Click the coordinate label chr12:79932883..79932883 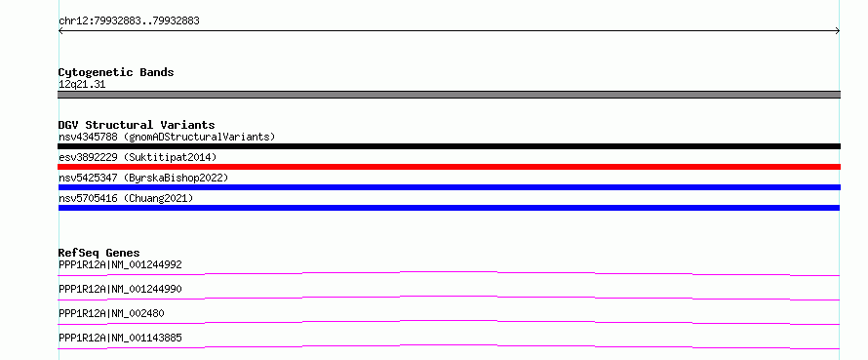[x=129, y=21]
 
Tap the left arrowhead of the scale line [x=59, y=31]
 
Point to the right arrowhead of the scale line [x=839, y=31]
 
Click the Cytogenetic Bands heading [x=116, y=72]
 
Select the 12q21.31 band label [x=82, y=85]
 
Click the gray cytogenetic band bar [x=449, y=95]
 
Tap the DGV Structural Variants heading [x=137, y=125]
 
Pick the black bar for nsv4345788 [x=449, y=146]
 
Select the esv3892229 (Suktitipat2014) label [x=138, y=157]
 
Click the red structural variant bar [x=449, y=167]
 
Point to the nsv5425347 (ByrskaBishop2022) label [x=143, y=178]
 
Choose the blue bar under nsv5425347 [x=449, y=187]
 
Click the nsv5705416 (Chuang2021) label [x=126, y=198]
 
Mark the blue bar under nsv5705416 [x=449, y=208]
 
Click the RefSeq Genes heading [x=99, y=253]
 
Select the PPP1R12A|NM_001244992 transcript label [x=120, y=264]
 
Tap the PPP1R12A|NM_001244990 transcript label [x=120, y=289]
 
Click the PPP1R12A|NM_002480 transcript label [x=111, y=313]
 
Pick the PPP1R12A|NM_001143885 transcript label [x=120, y=338]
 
